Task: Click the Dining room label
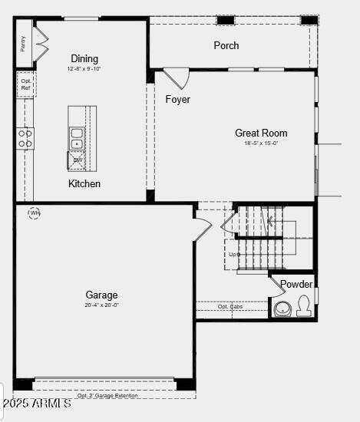pyautogui.click(x=84, y=59)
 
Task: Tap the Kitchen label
pyautogui.click(x=84, y=183)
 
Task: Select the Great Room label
pyautogui.click(x=261, y=133)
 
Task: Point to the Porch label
pyautogui.click(x=226, y=45)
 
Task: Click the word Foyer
pyautogui.click(x=177, y=99)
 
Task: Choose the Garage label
pyautogui.click(x=101, y=295)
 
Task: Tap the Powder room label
pyautogui.click(x=296, y=284)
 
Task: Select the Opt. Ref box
pyautogui.click(x=25, y=84)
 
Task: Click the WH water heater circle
pyautogui.click(x=35, y=213)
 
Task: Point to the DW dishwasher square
pyautogui.click(x=78, y=160)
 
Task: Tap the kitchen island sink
pyautogui.click(x=77, y=138)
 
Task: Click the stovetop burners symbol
pyautogui.click(x=25, y=137)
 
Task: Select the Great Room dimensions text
pyautogui.click(x=261, y=143)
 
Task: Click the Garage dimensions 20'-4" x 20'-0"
pyautogui.click(x=101, y=305)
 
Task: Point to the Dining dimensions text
pyautogui.click(x=84, y=69)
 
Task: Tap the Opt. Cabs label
pyautogui.click(x=230, y=307)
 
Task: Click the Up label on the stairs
pyautogui.click(x=233, y=254)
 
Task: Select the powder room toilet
pyautogui.click(x=304, y=306)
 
